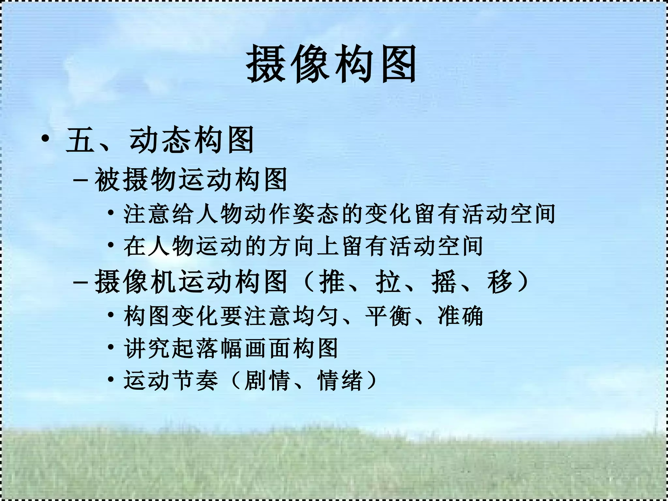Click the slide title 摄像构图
[x=331, y=64]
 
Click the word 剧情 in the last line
[x=267, y=380]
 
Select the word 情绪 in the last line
[x=340, y=380]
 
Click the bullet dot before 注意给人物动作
[x=111, y=213]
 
